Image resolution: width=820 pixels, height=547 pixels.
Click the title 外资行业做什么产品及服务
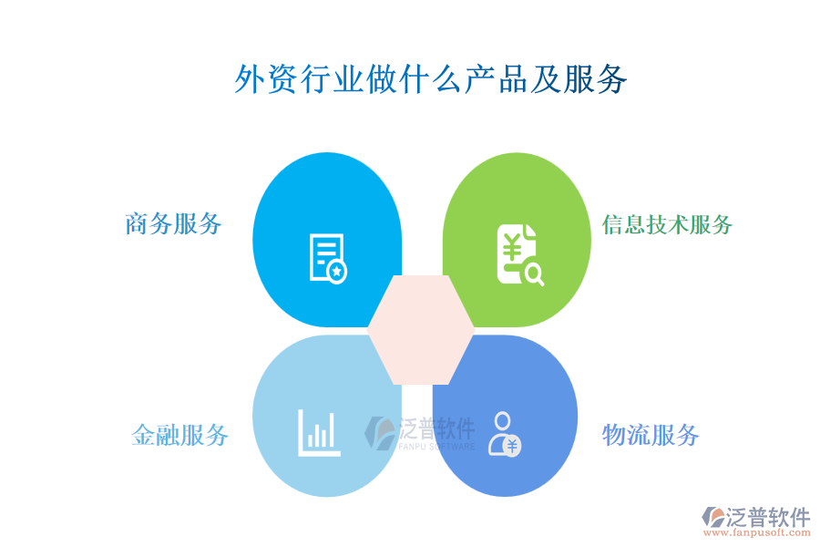(x=431, y=79)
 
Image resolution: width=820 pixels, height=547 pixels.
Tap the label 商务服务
(x=173, y=223)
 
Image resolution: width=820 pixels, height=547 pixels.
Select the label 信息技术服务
(x=667, y=224)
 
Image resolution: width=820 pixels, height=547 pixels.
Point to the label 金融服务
(x=179, y=435)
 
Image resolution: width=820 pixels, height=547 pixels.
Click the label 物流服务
(x=650, y=435)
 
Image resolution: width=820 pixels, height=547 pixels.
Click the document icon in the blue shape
(x=328, y=258)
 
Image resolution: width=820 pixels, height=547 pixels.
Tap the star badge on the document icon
(x=337, y=271)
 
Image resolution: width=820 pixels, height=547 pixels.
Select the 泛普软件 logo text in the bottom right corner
(x=767, y=518)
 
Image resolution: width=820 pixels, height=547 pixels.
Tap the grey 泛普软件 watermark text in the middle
(x=437, y=428)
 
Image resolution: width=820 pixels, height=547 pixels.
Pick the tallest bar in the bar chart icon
(x=331, y=429)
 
